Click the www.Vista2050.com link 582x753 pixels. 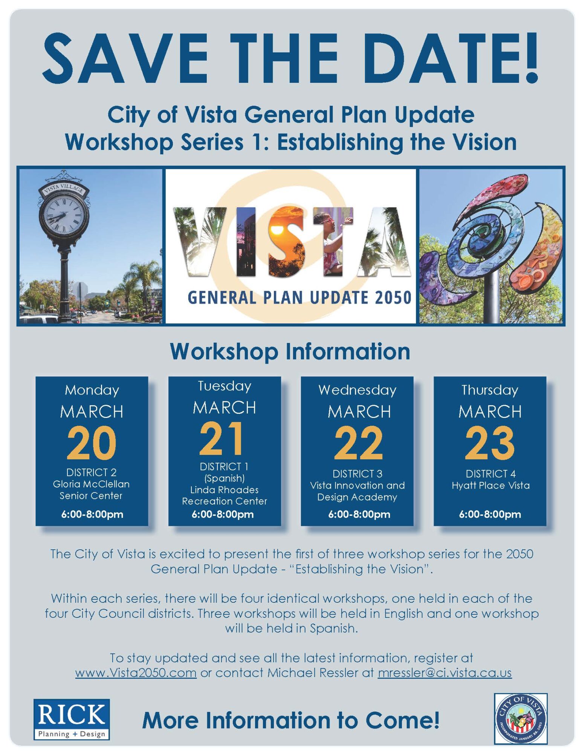click(x=136, y=673)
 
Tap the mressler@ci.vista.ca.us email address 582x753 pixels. click(x=445, y=673)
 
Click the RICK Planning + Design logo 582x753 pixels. click(x=72, y=719)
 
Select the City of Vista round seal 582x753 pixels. click(x=521, y=719)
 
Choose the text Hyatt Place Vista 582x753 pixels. click(x=490, y=485)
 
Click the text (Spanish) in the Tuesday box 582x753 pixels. click(x=225, y=478)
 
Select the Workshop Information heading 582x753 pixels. click(x=290, y=352)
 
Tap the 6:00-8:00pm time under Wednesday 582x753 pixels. click(x=359, y=514)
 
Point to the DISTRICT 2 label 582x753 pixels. click(x=92, y=472)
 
